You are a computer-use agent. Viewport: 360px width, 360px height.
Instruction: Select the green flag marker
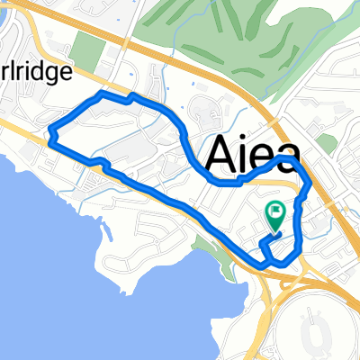point(275,214)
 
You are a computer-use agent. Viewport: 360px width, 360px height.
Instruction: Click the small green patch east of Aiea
point(326,144)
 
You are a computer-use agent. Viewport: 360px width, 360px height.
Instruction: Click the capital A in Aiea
point(219,155)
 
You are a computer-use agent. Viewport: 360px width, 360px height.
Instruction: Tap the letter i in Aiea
point(239,155)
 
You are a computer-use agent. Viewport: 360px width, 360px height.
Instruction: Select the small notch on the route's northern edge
point(131,95)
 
